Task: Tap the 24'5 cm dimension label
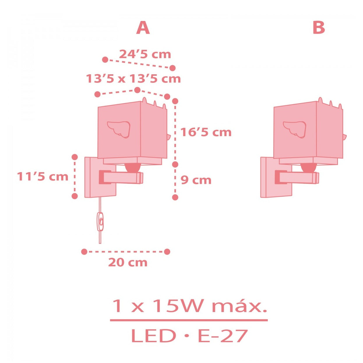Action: tap(145, 54)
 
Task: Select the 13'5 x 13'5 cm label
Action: tap(133, 79)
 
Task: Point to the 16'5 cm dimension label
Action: tap(206, 132)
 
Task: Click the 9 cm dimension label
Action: tap(196, 180)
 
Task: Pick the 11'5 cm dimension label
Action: tap(43, 177)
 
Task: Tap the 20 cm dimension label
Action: tap(128, 262)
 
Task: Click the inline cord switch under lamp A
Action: tap(101, 221)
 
